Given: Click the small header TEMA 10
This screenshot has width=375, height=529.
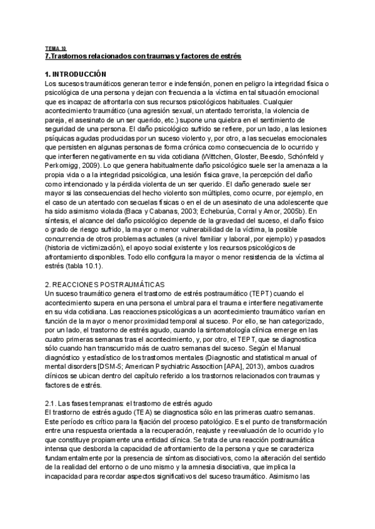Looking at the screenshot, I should [56, 48].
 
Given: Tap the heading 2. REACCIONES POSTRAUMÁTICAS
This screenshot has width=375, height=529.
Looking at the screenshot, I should [104, 284].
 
